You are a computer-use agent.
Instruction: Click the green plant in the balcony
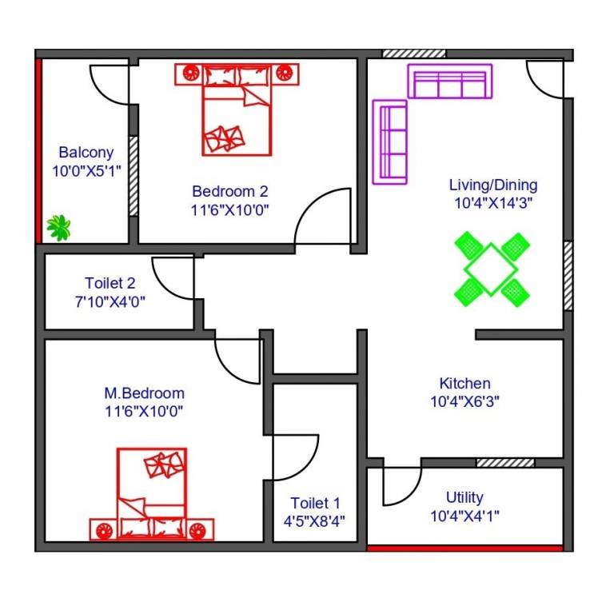coord(58,227)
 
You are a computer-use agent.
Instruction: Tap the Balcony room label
coord(86,152)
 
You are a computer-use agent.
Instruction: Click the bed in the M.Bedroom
coord(152,495)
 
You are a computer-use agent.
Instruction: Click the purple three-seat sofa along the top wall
coord(449,82)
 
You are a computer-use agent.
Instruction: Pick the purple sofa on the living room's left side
coord(390,142)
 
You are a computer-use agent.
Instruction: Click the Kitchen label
coord(464,384)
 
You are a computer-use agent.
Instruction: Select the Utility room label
coord(464,497)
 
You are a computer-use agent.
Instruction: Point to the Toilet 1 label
coord(315,503)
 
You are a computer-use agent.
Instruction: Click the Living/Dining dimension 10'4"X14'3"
coord(493,203)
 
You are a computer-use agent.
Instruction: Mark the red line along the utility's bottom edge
coord(464,548)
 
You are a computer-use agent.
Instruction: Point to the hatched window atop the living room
coord(413,54)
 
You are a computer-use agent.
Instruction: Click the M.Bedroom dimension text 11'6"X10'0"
coord(144,412)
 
